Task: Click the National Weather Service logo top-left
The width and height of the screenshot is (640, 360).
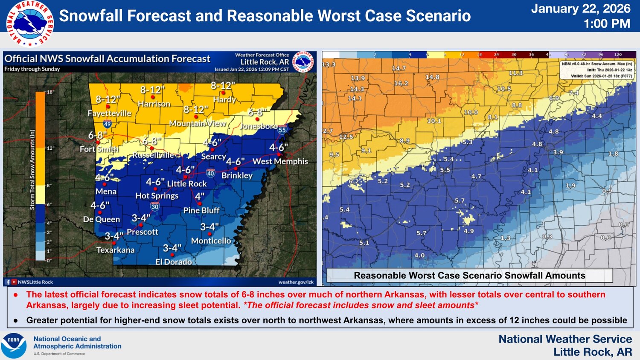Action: pyautogui.click(x=30, y=23)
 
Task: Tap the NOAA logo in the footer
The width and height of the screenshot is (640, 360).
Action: pyautogui.click(x=14, y=345)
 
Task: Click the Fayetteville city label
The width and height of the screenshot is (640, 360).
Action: pyautogui.click(x=109, y=113)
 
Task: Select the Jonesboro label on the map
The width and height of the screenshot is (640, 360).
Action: pyautogui.click(x=258, y=126)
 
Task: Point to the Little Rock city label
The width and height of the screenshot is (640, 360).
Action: pyautogui.click(x=186, y=184)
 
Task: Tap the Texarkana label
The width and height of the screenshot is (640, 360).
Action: pyautogui.click(x=115, y=250)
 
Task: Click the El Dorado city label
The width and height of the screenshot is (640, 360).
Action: pyautogui.click(x=173, y=262)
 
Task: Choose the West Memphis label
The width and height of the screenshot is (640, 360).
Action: pyautogui.click(x=280, y=162)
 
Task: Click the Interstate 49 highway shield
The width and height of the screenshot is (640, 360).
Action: pyautogui.click(x=107, y=124)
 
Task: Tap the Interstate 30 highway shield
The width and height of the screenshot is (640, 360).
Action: pyautogui.click(x=154, y=207)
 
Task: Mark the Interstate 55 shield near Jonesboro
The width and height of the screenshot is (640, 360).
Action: pyautogui.click(x=282, y=130)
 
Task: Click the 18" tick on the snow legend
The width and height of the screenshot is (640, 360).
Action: pyautogui.click(x=50, y=92)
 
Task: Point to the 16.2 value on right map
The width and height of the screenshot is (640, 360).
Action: pyautogui.click(x=401, y=84)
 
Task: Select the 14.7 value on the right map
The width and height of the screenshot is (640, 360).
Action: pyautogui.click(x=399, y=68)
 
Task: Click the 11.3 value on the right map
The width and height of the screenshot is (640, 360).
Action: pyautogui.click(x=515, y=73)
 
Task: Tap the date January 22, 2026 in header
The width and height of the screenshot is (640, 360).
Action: pyautogui.click(x=580, y=9)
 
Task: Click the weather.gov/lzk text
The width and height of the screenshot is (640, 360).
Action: pyautogui.click(x=296, y=282)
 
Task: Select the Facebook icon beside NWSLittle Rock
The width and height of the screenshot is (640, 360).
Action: pyautogui.click(x=8, y=282)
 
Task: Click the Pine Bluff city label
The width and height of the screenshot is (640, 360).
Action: pyautogui.click(x=201, y=210)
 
